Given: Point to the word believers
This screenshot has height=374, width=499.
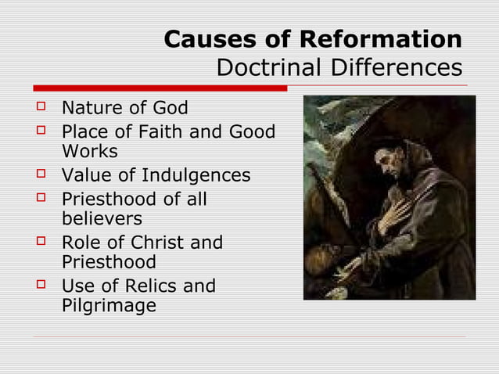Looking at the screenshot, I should pos(102,219).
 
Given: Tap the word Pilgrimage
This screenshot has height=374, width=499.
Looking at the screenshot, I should pos(108,306).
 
